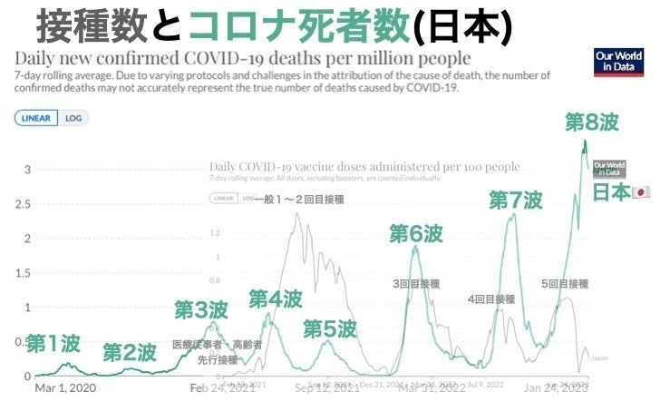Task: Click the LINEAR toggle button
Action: click(x=36, y=117)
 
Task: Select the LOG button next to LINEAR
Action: click(x=73, y=117)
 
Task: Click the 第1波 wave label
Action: click(x=53, y=344)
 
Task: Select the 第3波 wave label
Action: click(x=201, y=309)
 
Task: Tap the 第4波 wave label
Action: click(x=276, y=298)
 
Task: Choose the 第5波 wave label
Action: click(x=330, y=328)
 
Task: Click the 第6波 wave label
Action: click(x=416, y=233)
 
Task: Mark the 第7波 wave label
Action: click(x=516, y=200)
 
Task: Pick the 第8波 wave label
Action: click(x=591, y=122)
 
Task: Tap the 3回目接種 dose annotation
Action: click(x=415, y=284)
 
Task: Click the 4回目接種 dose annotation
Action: click(x=491, y=299)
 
